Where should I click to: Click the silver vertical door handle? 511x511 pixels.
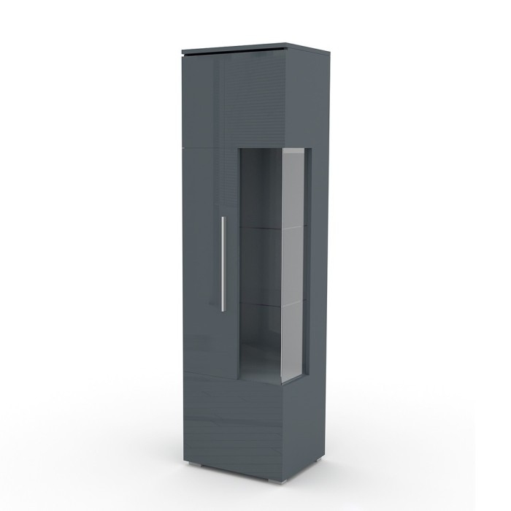[223, 263]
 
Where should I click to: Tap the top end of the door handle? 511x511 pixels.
[223, 218]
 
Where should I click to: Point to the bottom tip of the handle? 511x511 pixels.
[223, 309]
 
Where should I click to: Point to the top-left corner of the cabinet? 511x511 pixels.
[182, 53]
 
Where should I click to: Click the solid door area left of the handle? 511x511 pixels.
[201, 263]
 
